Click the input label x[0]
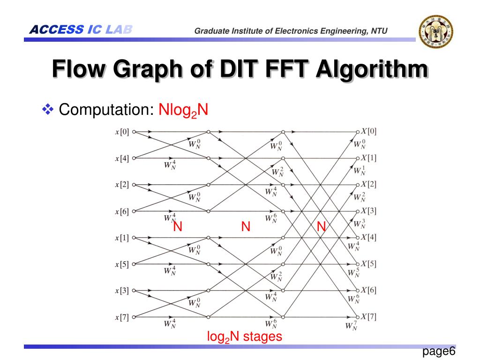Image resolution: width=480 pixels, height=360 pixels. coord(122,132)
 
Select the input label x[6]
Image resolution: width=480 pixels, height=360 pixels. coord(122,211)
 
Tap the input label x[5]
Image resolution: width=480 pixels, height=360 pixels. coord(122,264)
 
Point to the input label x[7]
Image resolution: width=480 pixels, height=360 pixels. coord(122,317)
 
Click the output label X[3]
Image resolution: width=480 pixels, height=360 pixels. coord(368,210)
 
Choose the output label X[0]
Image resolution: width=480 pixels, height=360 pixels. coord(368,131)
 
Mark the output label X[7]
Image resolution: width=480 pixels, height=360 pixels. coord(368,316)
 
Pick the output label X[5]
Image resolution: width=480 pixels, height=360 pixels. coord(368,263)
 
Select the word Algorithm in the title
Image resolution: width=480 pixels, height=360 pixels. coord(372,70)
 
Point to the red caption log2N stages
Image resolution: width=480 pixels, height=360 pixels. coord(245,337)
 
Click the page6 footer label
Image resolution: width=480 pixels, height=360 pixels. coord(439,352)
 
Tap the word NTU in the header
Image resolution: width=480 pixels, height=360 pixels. coord(379,31)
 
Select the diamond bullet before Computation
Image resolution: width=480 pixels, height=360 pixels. coord(48,110)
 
